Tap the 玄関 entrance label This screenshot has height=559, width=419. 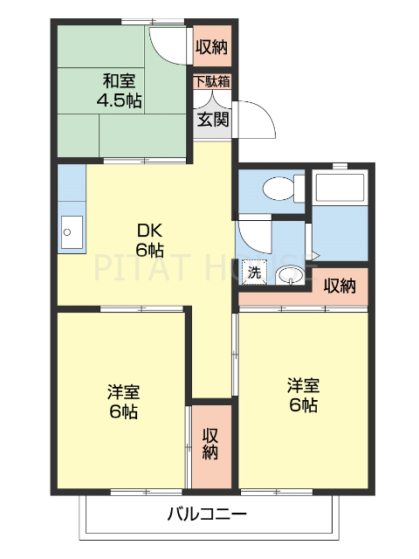(212, 119)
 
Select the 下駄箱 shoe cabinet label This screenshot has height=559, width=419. (212, 82)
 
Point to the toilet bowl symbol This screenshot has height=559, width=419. (278, 188)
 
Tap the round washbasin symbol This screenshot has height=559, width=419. (290, 277)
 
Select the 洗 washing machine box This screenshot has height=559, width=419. (254, 272)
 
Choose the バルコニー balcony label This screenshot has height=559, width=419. (207, 514)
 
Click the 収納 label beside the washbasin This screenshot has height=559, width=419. (340, 285)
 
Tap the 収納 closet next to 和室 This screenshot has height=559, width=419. (211, 46)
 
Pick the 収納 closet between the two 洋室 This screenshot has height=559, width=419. (211, 444)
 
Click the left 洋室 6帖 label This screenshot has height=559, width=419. (122, 400)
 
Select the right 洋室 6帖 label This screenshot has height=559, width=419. (302, 394)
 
